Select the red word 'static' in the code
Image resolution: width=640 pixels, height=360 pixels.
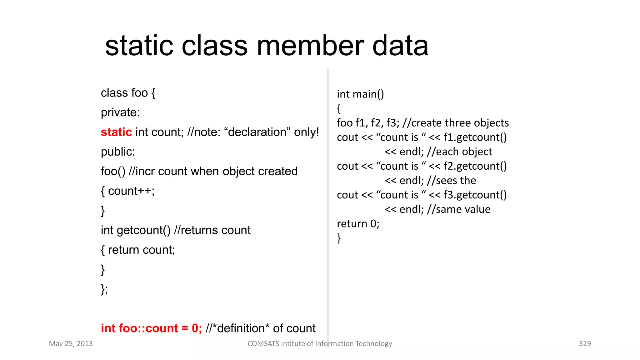[116, 132]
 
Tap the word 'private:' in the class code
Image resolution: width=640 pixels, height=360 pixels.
[120, 112]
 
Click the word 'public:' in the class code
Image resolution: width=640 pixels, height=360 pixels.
[118, 152]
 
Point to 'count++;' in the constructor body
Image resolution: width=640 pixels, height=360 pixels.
[131, 191]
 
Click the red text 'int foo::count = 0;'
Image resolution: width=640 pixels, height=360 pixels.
[151, 328]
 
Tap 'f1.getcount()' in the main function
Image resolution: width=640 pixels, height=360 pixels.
[475, 137]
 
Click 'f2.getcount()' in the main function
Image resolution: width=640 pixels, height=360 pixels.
[475, 166]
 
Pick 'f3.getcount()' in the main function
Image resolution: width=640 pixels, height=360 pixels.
[475, 195]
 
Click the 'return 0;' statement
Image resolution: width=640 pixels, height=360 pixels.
[358, 224]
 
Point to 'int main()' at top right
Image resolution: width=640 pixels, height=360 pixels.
[360, 94]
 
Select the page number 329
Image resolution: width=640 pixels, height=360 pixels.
[585, 344]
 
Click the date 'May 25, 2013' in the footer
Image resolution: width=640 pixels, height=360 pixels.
[71, 344]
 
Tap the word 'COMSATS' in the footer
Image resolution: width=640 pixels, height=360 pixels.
[263, 344]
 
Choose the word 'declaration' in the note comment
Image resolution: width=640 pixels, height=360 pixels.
[257, 132]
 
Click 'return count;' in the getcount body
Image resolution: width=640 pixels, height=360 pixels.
[141, 250]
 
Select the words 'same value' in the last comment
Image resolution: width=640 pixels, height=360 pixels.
[463, 209]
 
